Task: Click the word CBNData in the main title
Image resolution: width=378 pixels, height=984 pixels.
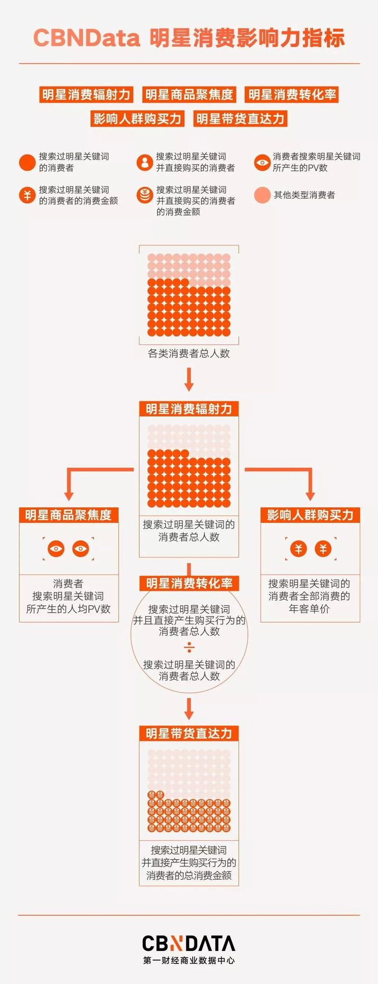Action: [86, 38]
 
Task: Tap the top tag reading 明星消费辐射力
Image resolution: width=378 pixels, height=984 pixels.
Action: [86, 95]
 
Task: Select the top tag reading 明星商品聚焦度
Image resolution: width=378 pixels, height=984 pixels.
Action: [188, 95]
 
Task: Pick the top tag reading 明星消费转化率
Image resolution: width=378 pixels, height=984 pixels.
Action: [292, 95]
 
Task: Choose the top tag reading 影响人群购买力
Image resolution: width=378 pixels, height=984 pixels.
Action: [137, 119]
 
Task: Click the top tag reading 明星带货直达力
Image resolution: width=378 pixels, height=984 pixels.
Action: [240, 119]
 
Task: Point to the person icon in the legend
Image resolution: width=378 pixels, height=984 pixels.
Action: [144, 162]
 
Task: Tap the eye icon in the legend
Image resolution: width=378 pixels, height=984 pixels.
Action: [262, 162]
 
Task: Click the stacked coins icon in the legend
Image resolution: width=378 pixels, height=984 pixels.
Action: [144, 195]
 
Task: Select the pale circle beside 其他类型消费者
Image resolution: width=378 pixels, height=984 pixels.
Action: [262, 195]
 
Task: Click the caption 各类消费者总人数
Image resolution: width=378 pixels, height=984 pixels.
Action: [189, 353]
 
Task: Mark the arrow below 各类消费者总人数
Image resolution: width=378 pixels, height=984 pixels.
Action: [189, 380]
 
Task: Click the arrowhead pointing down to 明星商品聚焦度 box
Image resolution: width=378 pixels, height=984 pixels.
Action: [69, 494]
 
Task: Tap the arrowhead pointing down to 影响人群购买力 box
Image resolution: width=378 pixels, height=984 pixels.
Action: [310, 494]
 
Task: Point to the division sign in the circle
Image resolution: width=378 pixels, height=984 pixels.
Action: [189, 647]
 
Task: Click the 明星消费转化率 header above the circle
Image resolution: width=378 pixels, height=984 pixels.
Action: [189, 584]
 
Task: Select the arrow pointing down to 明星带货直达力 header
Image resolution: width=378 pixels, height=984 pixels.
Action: [189, 709]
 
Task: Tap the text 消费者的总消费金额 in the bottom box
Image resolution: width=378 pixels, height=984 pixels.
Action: [189, 875]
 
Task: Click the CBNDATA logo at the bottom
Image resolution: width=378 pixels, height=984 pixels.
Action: [189, 943]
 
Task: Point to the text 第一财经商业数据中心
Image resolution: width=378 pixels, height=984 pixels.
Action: [189, 960]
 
